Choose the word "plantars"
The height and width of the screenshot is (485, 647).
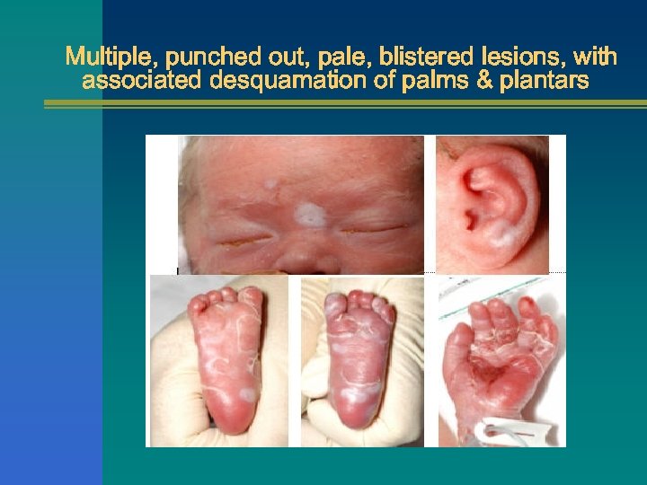pyautogui.click(x=545, y=82)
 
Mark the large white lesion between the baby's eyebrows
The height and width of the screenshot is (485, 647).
pyautogui.click(x=310, y=214)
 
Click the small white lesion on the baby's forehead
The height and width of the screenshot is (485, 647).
pyautogui.click(x=270, y=185)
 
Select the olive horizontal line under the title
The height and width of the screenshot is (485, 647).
pyautogui.click(x=345, y=104)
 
